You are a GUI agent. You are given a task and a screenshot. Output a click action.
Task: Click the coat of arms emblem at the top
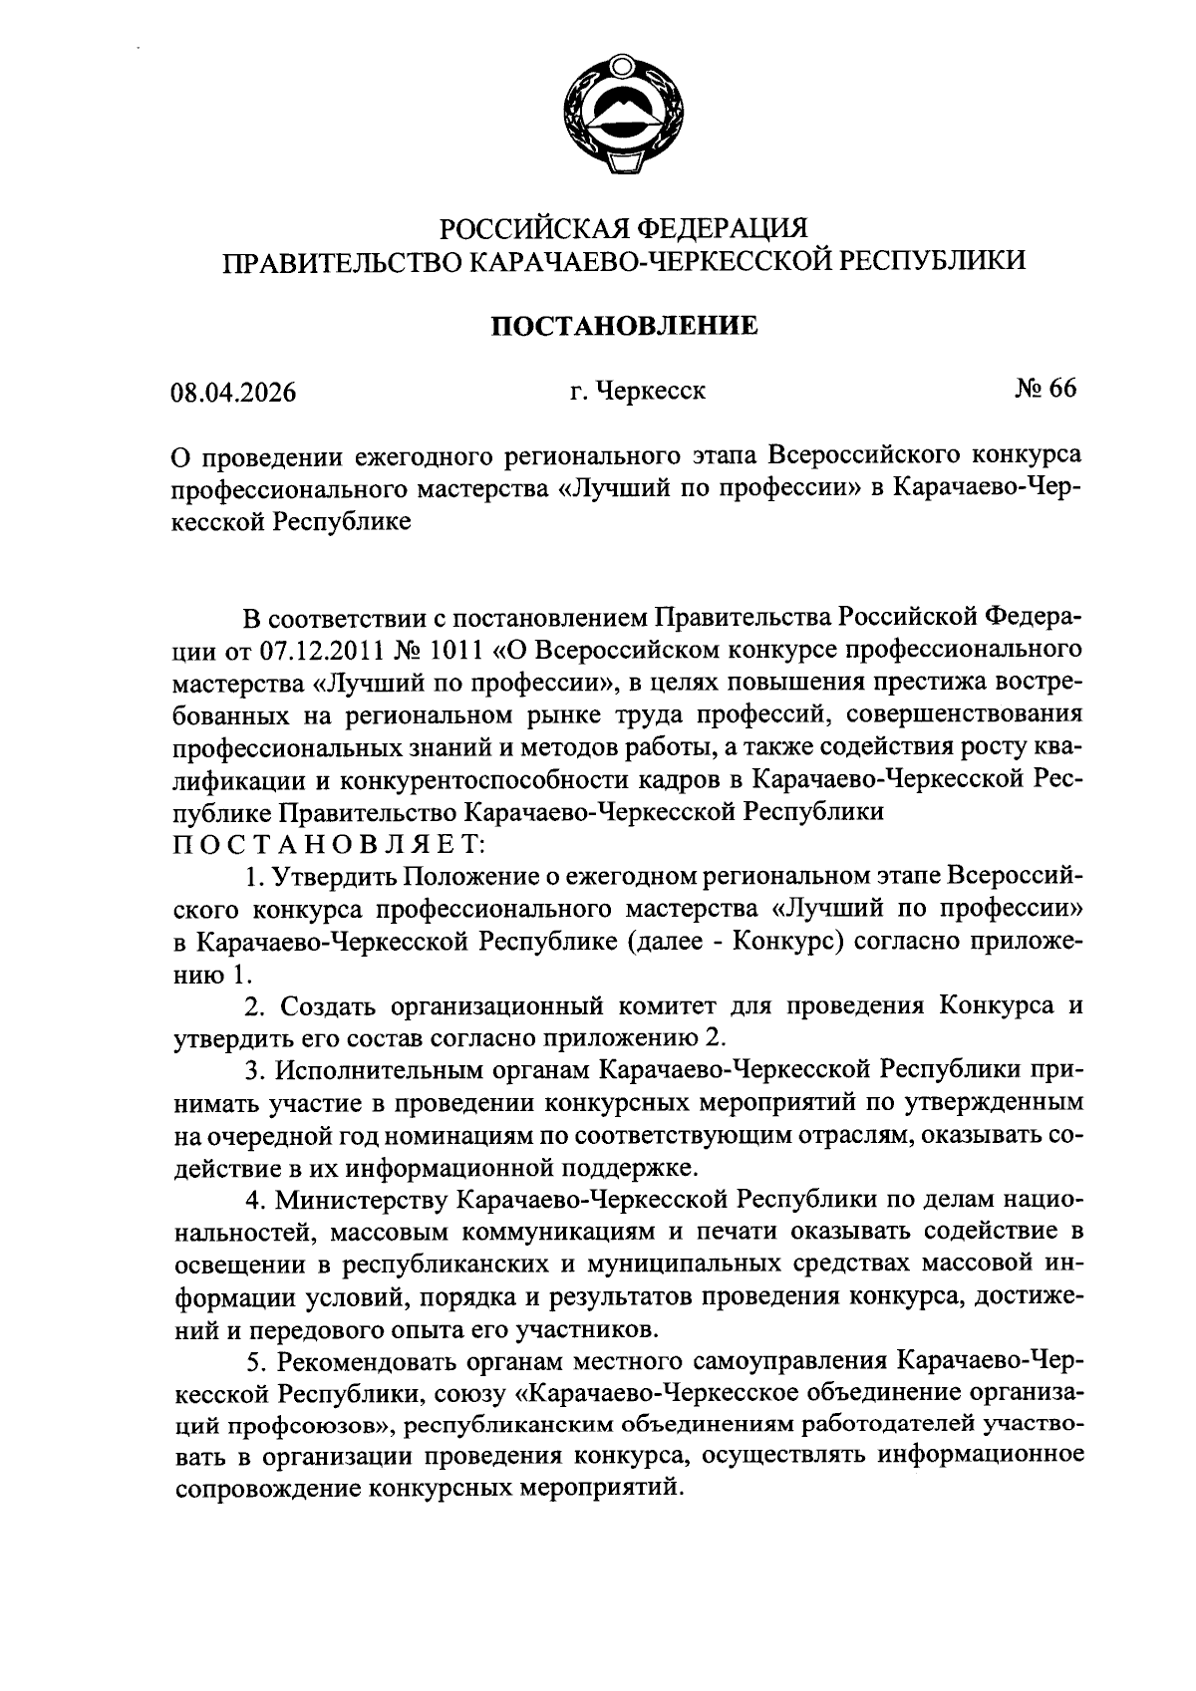(623, 119)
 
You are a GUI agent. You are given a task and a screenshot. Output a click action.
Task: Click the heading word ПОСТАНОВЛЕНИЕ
(625, 326)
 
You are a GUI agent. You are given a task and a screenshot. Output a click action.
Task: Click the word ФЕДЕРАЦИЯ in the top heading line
(716, 228)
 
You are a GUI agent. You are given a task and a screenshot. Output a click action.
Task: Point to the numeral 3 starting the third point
(253, 1070)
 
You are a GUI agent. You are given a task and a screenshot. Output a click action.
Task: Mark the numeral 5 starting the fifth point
(253, 1360)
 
